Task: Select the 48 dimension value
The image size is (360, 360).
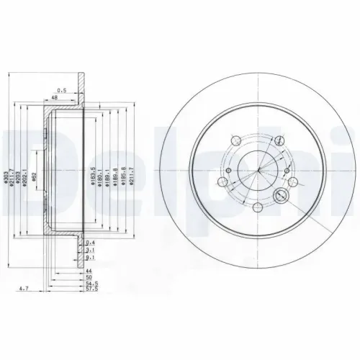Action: [54, 99]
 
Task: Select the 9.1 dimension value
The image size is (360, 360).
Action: [88, 258]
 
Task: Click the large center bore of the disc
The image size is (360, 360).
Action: [258, 168]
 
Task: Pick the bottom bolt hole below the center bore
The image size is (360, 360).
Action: [258, 205]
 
